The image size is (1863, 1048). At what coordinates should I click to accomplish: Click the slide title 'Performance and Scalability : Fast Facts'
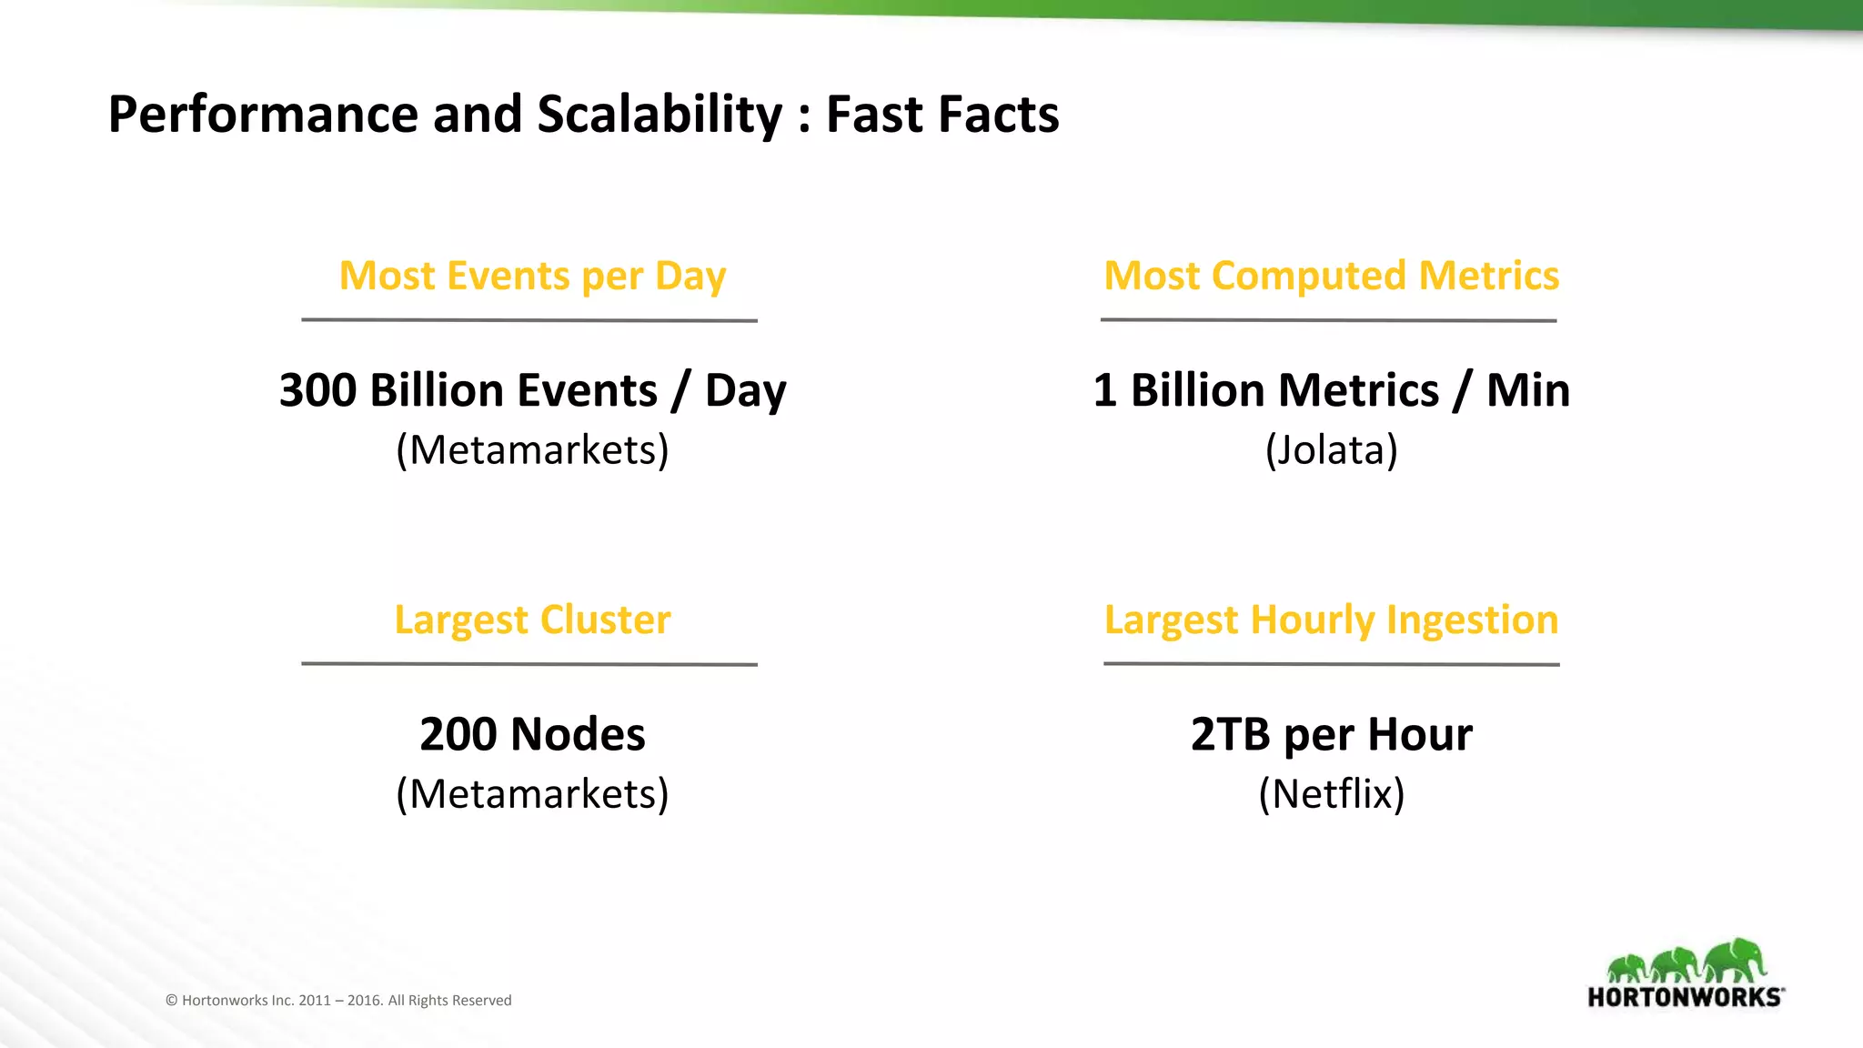[x=583, y=115]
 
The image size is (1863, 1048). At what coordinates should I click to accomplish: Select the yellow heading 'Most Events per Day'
[x=532, y=276]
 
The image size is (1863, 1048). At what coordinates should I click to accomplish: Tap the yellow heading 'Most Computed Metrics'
[x=1331, y=276]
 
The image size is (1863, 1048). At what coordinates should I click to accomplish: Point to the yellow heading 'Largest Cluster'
[x=532, y=620]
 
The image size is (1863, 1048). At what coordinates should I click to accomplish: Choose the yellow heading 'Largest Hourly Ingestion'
[x=1331, y=620]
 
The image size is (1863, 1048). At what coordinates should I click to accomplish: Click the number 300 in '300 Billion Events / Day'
[x=317, y=390]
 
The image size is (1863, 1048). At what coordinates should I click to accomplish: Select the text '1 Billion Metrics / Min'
[x=1331, y=390]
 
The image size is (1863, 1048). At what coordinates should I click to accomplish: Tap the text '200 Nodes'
[x=532, y=734]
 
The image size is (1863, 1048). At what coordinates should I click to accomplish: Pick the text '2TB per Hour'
[x=1331, y=734]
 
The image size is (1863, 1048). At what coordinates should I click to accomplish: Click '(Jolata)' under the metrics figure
[x=1331, y=449]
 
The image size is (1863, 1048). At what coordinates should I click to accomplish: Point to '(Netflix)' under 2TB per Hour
[x=1331, y=793]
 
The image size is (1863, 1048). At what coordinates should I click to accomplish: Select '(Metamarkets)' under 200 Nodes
[x=532, y=793]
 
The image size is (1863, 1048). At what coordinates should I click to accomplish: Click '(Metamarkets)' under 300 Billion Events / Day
[x=532, y=449]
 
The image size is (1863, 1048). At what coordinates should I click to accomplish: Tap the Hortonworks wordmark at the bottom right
[x=1685, y=997]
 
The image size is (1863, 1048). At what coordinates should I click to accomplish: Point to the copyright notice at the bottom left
[x=338, y=1000]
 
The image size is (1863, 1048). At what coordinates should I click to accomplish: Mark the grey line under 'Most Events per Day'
[x=529, y=320]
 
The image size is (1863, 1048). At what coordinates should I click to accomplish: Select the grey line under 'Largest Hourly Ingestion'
[x=1331, y=664]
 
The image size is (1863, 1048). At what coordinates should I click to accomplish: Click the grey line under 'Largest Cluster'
[x=529, y=664]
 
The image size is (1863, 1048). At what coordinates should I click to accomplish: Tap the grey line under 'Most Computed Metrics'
[x=1328, y=320]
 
